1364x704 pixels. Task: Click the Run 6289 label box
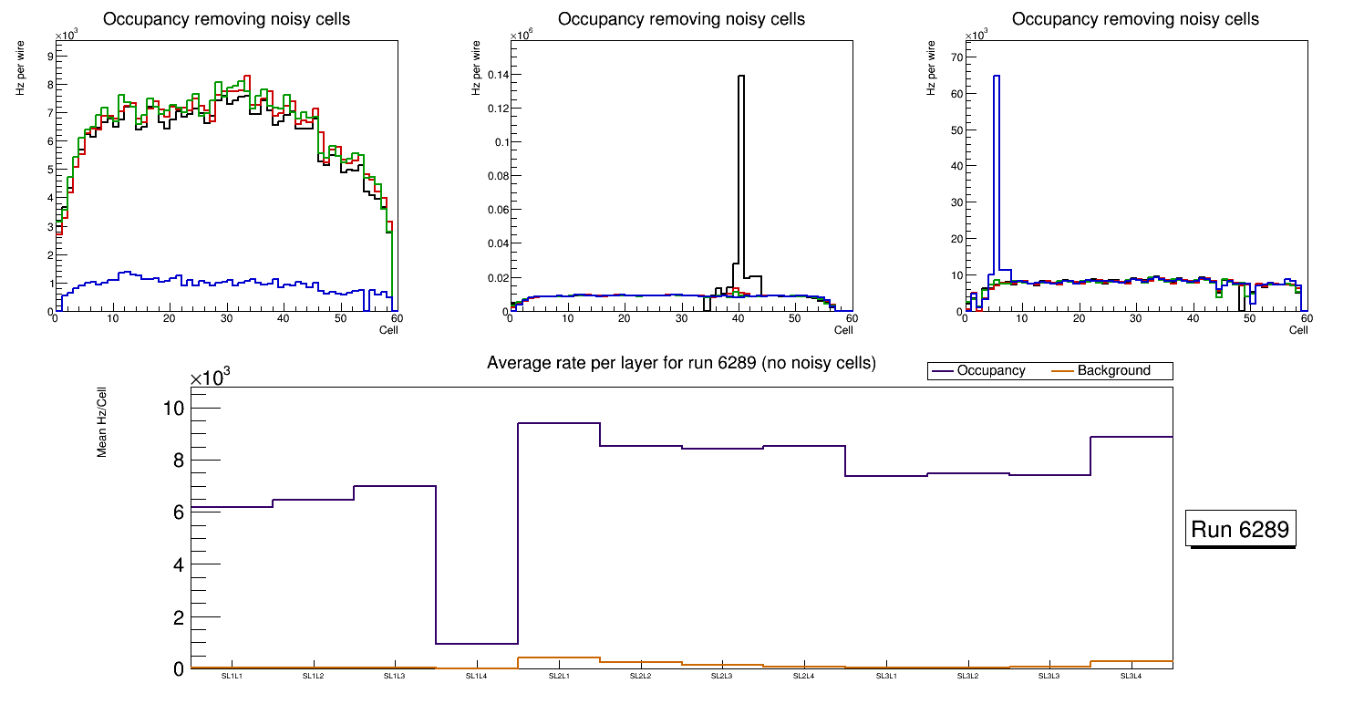point(1242,530)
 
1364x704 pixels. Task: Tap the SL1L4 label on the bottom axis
point(477,677)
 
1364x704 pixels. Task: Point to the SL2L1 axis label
point(559,677)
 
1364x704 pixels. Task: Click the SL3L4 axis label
point(1131,677)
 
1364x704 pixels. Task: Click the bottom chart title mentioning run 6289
point(681,363)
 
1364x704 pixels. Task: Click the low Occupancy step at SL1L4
point(477,644)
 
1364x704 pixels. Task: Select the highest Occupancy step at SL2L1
point(559,423)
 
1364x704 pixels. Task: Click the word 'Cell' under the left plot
point(388,329)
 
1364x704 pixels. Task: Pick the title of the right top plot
point(1135,18)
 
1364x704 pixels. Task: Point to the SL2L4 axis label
point(803,677)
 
